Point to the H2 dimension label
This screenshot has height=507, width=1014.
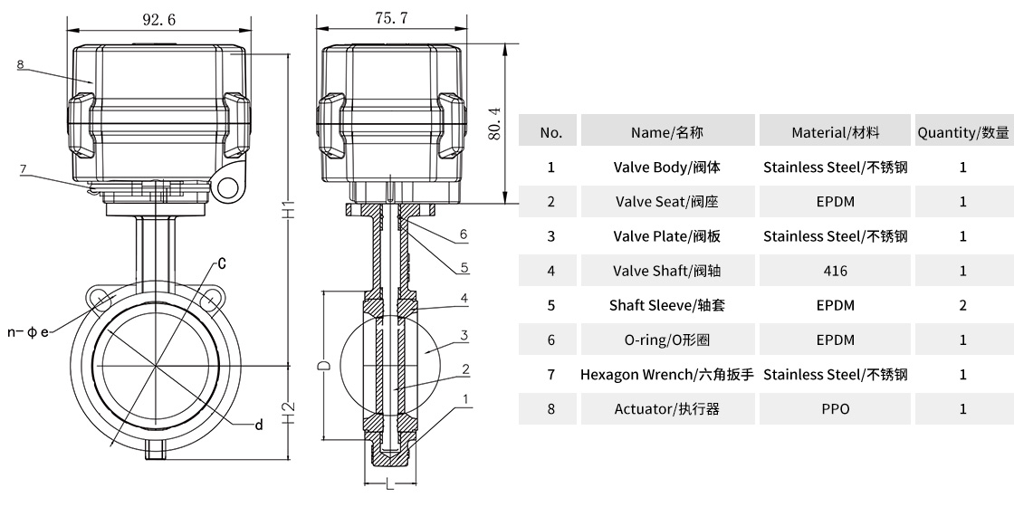pos(286,415)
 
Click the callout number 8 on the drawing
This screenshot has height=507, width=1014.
pos(20,64)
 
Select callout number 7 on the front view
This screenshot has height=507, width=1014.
pos(24,168)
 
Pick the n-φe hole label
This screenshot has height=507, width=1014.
pos(27,332)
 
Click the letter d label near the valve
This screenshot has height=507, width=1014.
pos(259,426)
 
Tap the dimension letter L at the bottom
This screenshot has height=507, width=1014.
pos(390,486)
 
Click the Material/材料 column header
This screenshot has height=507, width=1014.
pos(835,132)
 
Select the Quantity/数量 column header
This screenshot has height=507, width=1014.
pos(962,132)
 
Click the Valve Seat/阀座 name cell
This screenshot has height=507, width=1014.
pos(666,202)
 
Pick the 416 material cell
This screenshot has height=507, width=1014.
pos(835,271)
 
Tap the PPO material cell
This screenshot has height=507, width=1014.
pos(835,409)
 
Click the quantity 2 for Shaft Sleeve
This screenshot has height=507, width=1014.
pos(962,305)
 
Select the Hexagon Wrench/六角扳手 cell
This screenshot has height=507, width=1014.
pos(666,375)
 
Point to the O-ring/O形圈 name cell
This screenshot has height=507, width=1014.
pos(666,340)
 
